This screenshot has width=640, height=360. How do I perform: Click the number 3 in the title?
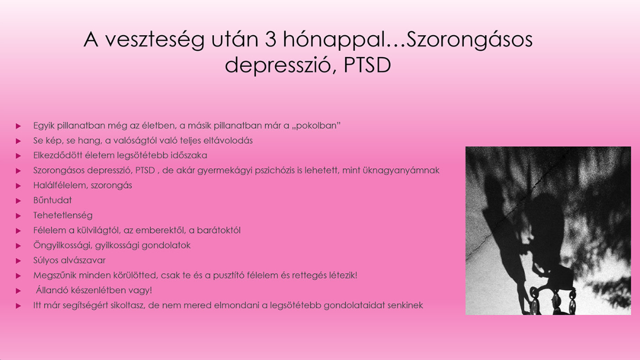pos(270,39)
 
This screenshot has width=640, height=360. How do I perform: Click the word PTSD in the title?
pos(367,65)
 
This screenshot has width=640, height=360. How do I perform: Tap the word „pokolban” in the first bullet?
pos(316,126)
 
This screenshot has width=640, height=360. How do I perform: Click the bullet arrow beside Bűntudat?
pos(18,201)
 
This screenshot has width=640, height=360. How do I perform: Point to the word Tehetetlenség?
pos(63,215)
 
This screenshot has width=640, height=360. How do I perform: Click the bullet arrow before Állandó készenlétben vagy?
pos(18,291)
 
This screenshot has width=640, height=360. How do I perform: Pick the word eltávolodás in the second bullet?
pos(228,141)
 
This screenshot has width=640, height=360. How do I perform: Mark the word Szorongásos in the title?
pos(469,40)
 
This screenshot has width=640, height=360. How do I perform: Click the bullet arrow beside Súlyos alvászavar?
pos(18,261)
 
